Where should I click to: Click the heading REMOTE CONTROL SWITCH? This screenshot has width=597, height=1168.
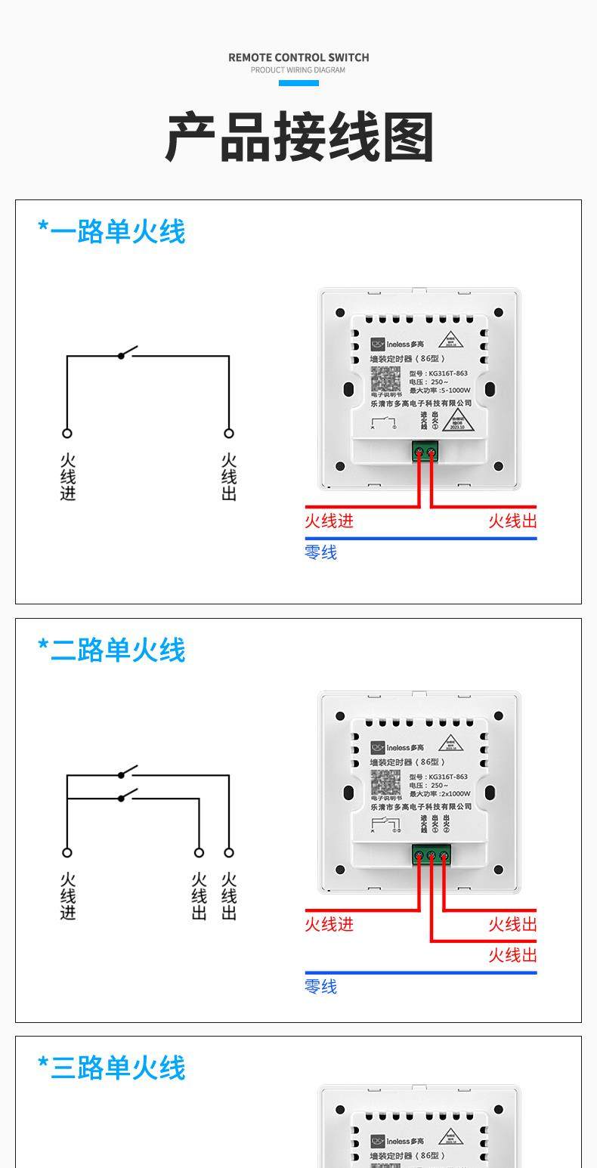[x=298, y=57]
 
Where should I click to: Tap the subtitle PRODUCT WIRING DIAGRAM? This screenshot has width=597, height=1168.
[x=298, y=70]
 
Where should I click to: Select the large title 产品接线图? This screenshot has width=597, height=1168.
[x=299, y=138]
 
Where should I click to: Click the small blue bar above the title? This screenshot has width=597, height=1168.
[x=298, y=82]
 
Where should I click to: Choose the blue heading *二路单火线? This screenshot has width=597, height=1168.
[x=112, y=650]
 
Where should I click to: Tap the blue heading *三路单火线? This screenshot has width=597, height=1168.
[x=112, y=1068]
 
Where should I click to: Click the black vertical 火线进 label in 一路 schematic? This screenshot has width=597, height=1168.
[x=68, y=477]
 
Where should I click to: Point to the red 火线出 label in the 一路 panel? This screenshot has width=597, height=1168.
[x=512, y=521]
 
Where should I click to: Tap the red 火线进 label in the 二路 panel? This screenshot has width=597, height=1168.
[x=329, y=924]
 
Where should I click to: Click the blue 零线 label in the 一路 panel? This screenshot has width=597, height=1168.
[x=320, y=552]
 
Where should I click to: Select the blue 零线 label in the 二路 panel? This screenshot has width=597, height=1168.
[x=320, y=986]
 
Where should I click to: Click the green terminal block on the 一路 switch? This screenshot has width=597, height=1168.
[x=425, y=452]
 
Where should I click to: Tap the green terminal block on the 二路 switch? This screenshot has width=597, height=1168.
[x=431, y=855]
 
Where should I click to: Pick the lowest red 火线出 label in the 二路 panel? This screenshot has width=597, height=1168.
[x=512, y=955]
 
